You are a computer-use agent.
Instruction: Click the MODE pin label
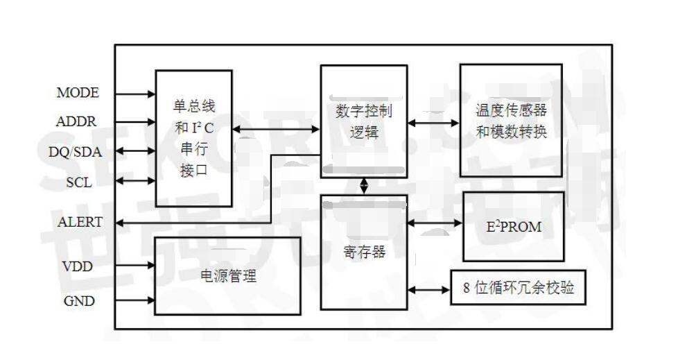click(x=78, y=93)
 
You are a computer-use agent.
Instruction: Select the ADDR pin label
click(x=77, y=121)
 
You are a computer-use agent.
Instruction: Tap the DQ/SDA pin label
click(x=76, y=152)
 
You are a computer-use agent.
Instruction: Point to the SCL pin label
click(x=79, y=181)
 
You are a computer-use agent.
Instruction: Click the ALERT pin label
click(x=80, y=223)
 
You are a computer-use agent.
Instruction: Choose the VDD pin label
click(x=78, y=266)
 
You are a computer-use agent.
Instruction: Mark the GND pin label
click(x=79, y=302)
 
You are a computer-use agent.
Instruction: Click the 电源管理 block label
click(x=228, y=276)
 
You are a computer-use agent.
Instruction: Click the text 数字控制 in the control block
click(x=364, y=112)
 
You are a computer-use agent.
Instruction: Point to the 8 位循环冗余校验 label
click(x=519, y=288)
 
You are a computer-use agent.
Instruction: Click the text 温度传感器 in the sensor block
click(x=512, y=111)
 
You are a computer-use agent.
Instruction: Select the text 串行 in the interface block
click(x=194, y=149)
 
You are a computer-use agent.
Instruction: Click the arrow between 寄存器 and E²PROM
click(x=435, y=223)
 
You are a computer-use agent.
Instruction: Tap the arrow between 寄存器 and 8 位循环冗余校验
click(x=429, y=288)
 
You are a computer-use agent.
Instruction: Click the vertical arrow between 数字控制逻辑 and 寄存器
click(x=364, y=186)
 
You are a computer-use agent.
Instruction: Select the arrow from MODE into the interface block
click(x=135, y=93)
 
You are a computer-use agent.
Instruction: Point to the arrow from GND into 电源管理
click(x=134, y=302)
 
